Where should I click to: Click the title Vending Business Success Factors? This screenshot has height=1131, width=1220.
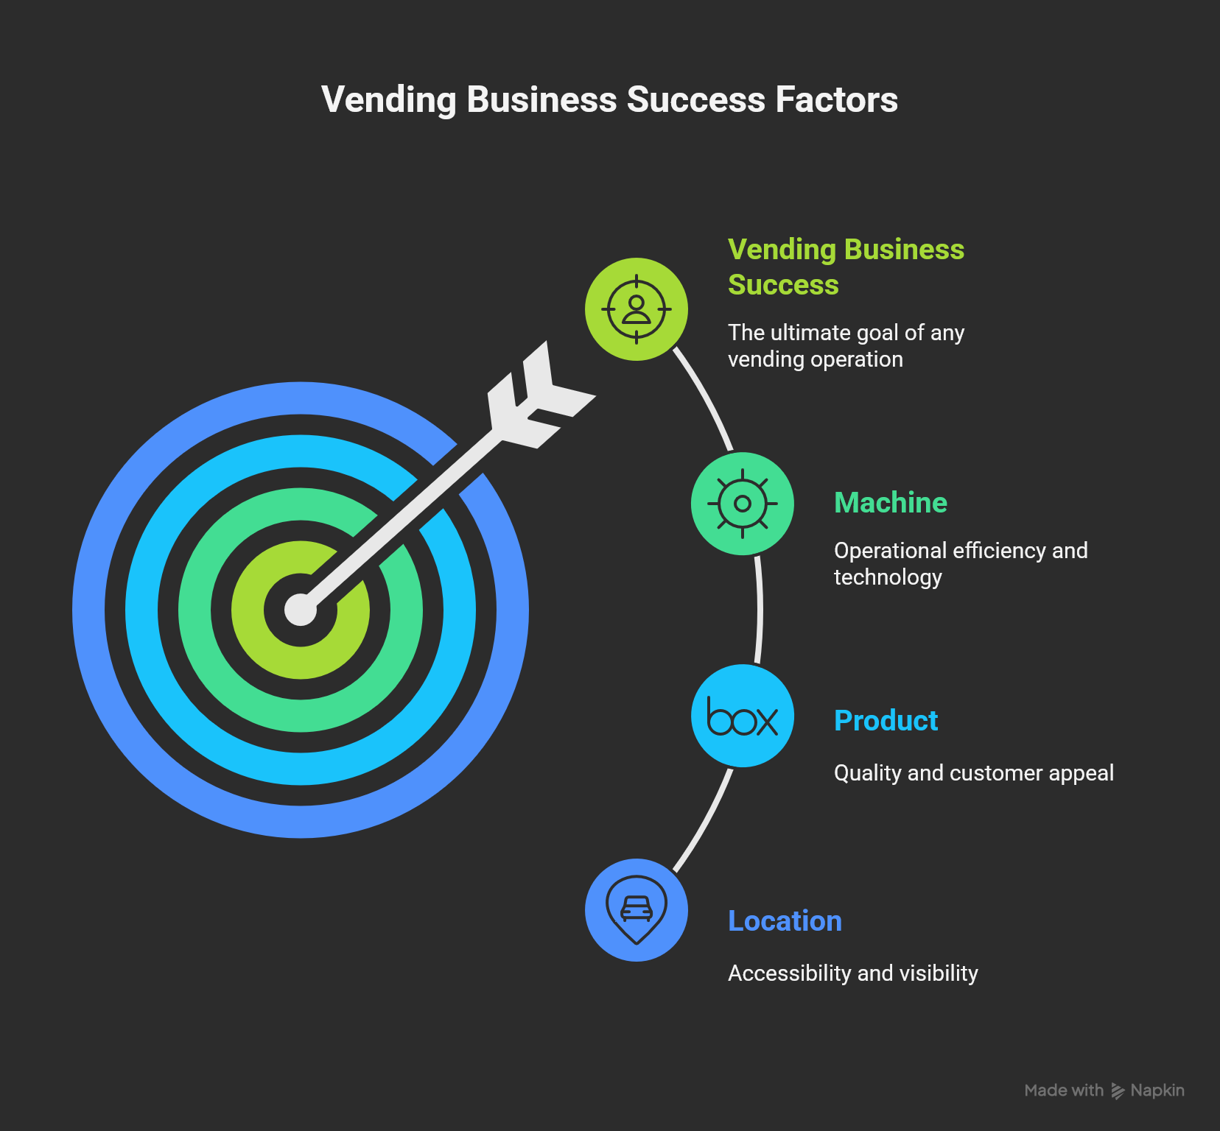click(x=609, y=100)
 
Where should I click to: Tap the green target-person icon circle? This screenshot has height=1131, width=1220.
click(x=637, y=309)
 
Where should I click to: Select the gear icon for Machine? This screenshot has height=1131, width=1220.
click(x=743, y=504)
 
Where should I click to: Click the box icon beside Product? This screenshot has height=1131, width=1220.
click(x=743, y=716)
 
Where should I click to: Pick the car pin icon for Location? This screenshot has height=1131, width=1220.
click(x=637, y=910)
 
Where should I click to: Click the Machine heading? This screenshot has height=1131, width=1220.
click(x=890, y=503)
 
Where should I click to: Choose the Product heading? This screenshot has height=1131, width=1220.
click(x=886, y=721)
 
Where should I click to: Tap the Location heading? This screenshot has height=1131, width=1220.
click(x=785, y=921)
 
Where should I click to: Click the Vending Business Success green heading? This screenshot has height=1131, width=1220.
click(x=846, y=267)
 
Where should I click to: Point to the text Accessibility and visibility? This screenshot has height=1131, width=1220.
click(x=852, y=973)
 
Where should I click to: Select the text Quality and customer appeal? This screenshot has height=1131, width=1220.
click(x=973, y=773)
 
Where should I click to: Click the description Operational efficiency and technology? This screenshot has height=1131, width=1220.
click(x=960, y=564)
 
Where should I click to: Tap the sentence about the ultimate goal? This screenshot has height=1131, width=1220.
click(x=846, y=346)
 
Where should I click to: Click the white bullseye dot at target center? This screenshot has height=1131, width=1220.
click(x=301, y=610)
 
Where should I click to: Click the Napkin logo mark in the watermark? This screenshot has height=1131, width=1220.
click(x=1118, y=1091)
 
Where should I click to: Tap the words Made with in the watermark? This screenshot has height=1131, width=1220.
click(x=1063, y=1091)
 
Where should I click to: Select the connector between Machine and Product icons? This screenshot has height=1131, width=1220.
click(x=760, y=610)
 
